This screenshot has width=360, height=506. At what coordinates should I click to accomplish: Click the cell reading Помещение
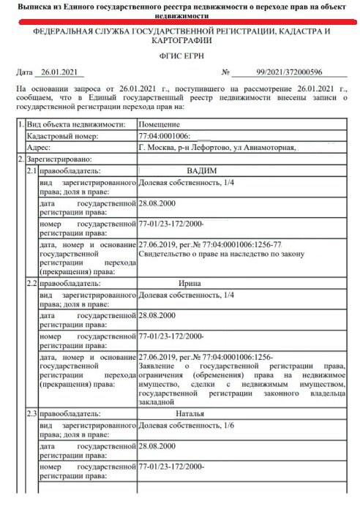pos(160,124)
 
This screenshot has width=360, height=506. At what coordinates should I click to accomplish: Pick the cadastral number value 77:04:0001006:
pos(164,136)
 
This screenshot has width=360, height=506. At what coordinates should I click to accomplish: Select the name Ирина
pos(189,282)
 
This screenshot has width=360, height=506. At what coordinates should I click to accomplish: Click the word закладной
pos(156,401)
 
